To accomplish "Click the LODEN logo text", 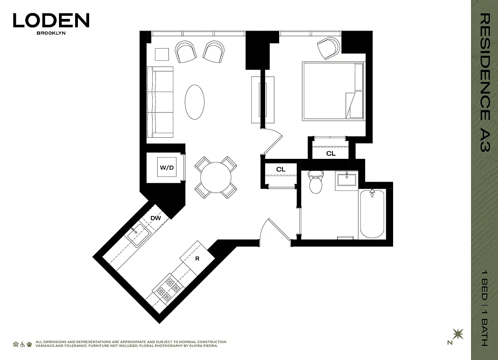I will click(x=51, y=21).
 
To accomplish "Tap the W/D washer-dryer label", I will click(x=167, y=168).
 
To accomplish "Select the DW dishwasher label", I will click(x=156, y=218).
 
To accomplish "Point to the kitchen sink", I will click(x=138, y=235).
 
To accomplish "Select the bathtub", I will click(x=372, y=214).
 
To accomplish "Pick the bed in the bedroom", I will click(x=333, y=91).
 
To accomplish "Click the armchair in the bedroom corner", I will click(x=328, y=48).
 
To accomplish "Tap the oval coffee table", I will click(x=195, y=102).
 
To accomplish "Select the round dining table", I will click(x=216, y=177).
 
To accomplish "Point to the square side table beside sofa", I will click(x=162, y=54).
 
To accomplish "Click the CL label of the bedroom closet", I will click(x=331, y=153).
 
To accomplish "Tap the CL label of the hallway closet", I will click(x=281, y=169).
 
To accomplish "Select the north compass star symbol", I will click(x=458, y=334).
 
